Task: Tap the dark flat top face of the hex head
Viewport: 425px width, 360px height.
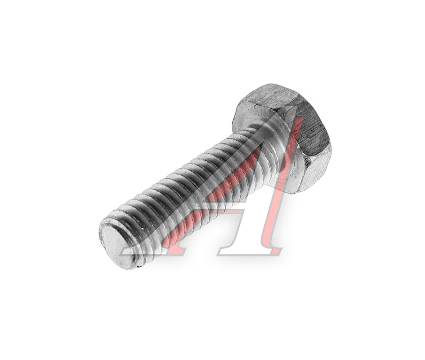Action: click(x=314, y=130)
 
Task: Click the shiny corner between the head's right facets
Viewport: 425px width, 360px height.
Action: click(x=308, y=161)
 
